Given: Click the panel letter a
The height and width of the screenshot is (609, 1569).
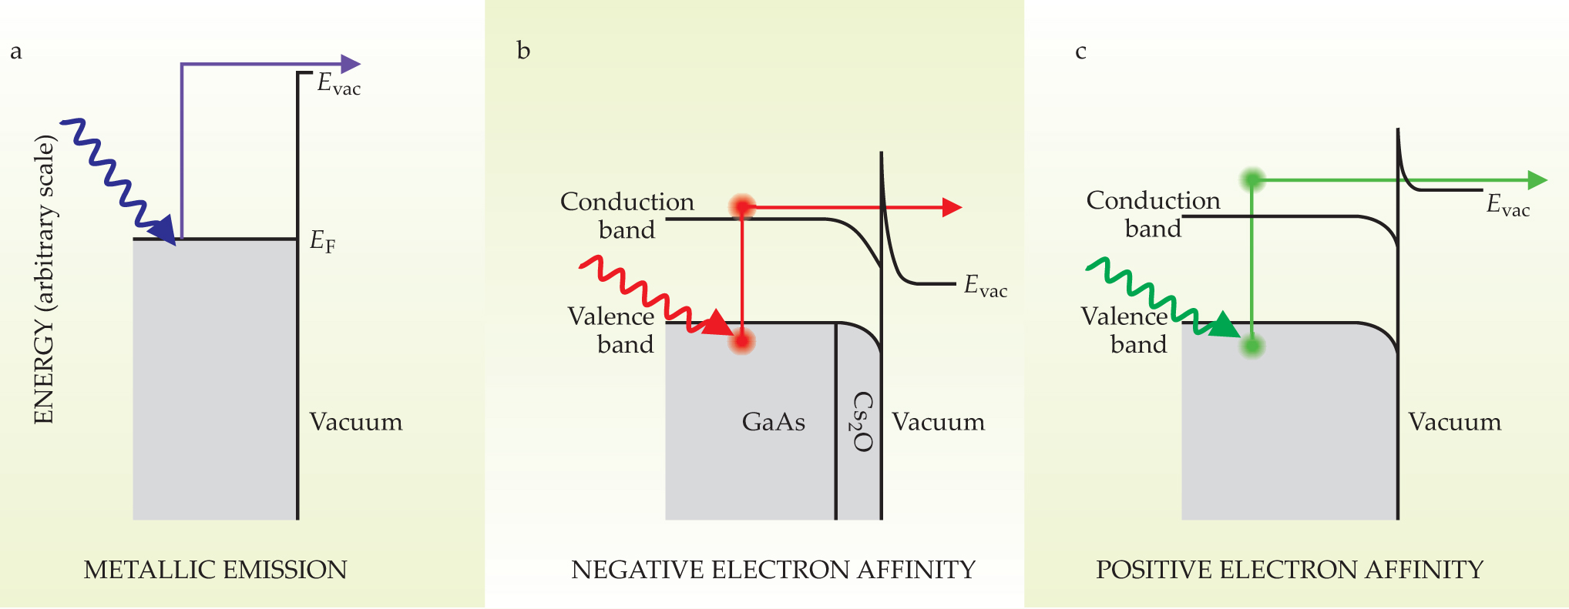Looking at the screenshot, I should click(x=16, y=52).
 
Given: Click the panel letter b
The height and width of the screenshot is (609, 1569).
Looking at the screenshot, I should click(x=523, y=51).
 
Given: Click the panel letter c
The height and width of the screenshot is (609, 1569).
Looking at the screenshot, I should click(x=1080, y=52).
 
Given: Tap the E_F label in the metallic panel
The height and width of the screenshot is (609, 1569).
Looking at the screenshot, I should click(x=322, y=242).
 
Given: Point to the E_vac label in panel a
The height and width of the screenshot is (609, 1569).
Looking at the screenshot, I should click(x=338, y=83).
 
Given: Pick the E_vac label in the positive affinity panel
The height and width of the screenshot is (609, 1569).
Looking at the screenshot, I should click(x=1507, y=206).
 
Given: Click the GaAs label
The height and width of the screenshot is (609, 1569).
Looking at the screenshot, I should click(x=773, y=422).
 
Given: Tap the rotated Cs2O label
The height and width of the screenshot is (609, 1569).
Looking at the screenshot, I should click(x=862, y=422).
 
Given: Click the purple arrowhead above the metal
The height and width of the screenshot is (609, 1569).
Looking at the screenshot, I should click(x=350, y=64).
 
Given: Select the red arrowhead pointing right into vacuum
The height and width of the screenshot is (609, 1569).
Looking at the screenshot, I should click(x=952, y=207).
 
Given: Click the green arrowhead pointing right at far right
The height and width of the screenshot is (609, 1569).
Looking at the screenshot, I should click(x=1537, y=180).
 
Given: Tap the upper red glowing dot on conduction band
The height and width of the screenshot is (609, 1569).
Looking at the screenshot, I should click(x=742, y=207).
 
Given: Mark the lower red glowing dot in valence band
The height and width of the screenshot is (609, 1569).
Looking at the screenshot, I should click(x=742, y=340).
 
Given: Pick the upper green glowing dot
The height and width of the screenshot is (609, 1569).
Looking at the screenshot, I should click(x=1252, y=180).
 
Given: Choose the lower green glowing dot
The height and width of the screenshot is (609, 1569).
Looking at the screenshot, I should click(x=1252, y=346).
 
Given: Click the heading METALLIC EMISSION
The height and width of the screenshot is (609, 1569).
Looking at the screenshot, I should click(x=215, y=571).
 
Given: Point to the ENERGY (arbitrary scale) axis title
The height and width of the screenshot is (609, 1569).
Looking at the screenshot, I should click(x=44, y=280).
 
